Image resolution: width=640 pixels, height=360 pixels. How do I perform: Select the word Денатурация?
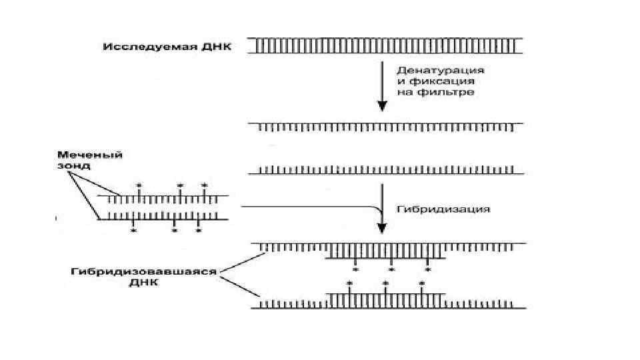(x=440, y=70)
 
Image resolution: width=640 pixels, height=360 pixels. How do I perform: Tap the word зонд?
(x=69, y=164)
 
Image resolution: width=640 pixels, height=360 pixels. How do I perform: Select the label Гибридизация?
(x=443, y=209)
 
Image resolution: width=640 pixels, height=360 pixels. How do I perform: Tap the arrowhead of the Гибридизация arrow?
(x=382, y=229)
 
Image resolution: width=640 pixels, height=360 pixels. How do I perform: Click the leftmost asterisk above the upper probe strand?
(x=139, y=185)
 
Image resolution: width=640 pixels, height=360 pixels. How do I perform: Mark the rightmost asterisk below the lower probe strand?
(x=198, y=231)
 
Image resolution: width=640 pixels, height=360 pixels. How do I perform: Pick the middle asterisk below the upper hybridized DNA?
(x=391, y=270)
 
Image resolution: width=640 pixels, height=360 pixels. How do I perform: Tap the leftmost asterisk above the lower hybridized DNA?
(x=349, y=283)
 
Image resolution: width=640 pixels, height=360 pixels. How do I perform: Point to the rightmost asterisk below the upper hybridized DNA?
(x=427, y=270)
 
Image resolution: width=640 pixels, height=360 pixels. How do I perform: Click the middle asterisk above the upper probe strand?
(x=179, y=185)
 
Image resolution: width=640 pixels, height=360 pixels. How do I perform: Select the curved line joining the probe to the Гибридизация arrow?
(x=313, y=207)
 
